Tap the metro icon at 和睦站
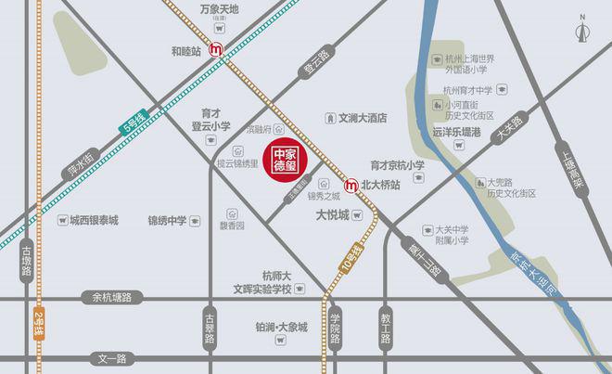click(216, 50)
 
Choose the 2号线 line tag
click(37, 325)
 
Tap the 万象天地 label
click(219, 9)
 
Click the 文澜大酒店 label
click(362, 119)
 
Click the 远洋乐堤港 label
click(456, 133)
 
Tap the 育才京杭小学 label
click(397, 165)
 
